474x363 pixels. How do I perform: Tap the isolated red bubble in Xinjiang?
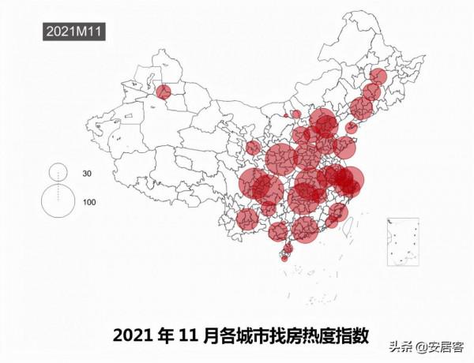(164, 92)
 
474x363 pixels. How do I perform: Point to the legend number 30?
(88, 173)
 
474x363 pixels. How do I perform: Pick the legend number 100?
(89, 202)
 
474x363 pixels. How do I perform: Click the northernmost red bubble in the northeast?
(378, 77)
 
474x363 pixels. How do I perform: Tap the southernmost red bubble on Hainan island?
(284, 256)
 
